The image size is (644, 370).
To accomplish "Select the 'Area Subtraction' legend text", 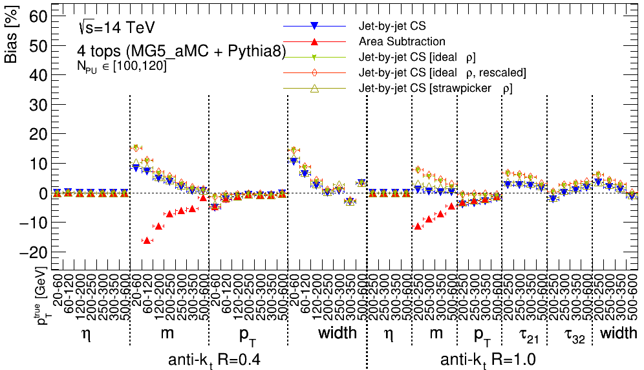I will tap(402, 42).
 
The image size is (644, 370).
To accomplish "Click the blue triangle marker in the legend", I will tap(314, 27).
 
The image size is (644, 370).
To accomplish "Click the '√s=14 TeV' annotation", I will tap(116, 27).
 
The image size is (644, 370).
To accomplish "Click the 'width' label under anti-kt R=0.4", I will tap(338, 334).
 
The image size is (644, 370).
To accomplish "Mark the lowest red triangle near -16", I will tap(147, 241).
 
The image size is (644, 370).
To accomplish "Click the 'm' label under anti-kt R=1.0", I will tap(436, 334).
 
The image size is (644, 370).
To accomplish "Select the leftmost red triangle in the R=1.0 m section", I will tap(418, 226).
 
